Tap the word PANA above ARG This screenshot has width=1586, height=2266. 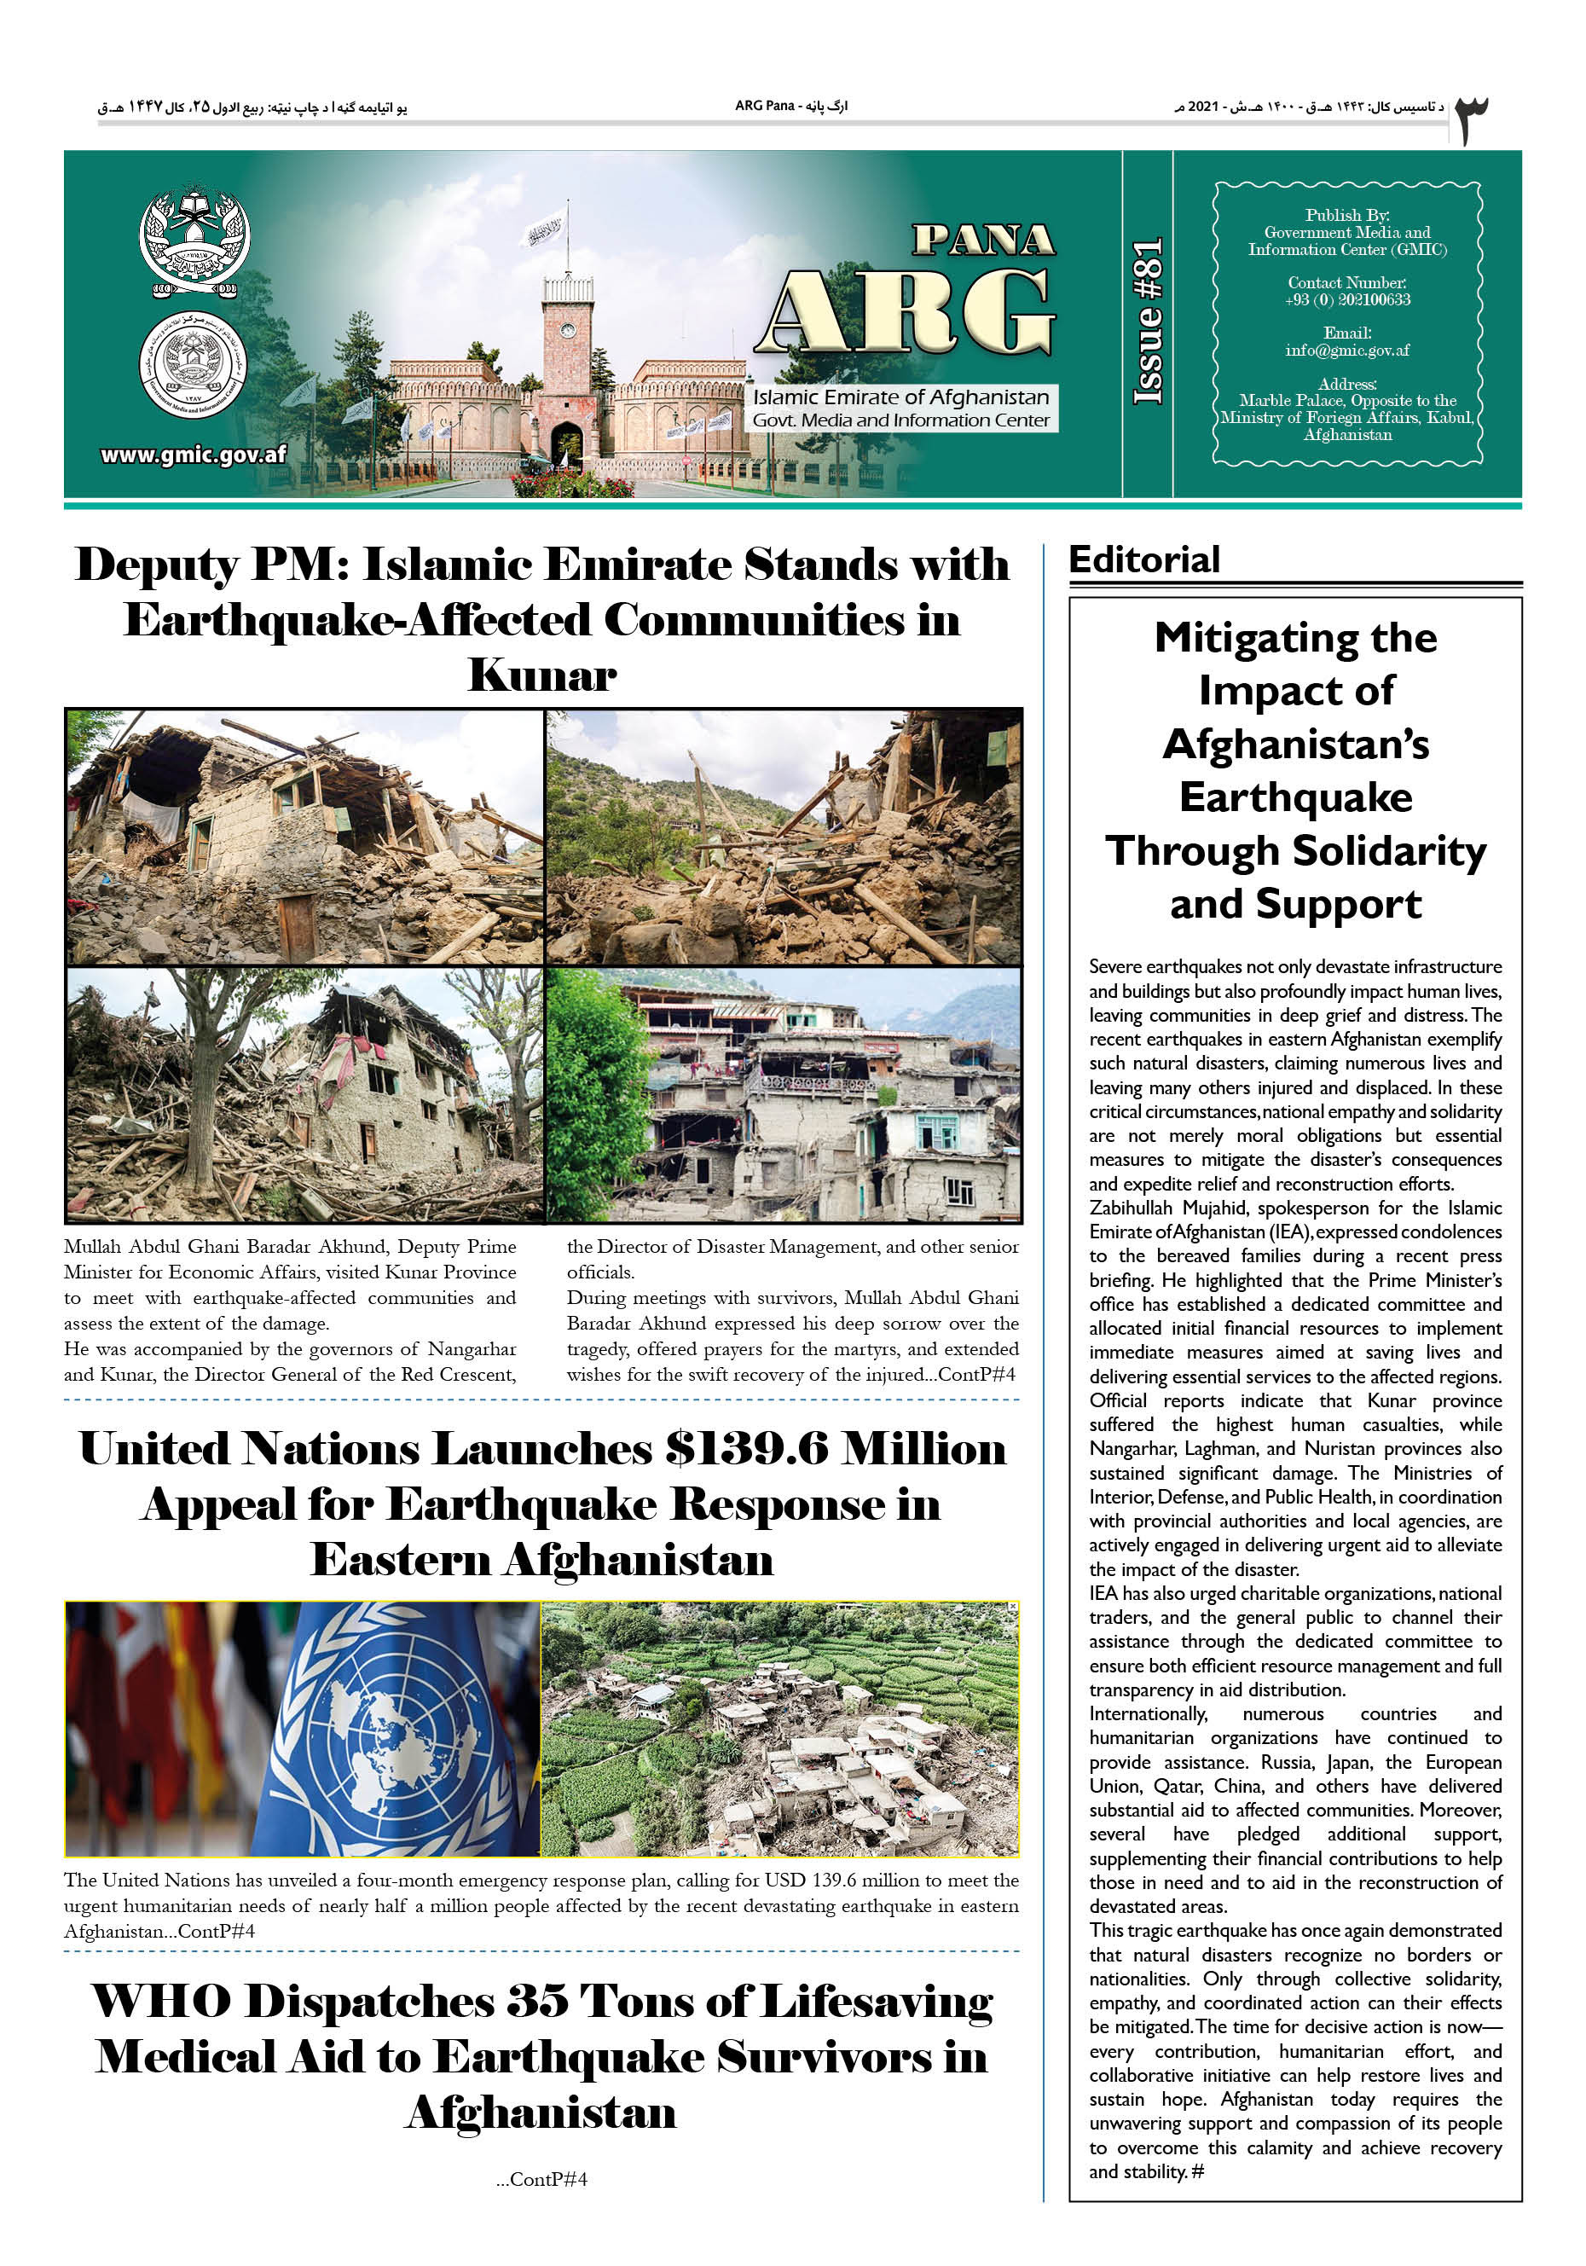(983, 240)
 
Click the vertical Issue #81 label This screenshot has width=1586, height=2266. (1148, 322)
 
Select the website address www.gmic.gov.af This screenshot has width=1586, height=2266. (194, 455)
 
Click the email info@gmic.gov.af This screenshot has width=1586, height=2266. (1346, 351)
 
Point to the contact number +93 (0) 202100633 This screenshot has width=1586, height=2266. (1346, 300)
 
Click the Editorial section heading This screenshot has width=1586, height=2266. (1143, 559)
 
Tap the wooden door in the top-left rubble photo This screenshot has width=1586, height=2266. (296, 925)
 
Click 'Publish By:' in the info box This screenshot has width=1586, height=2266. (1346, 215)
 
